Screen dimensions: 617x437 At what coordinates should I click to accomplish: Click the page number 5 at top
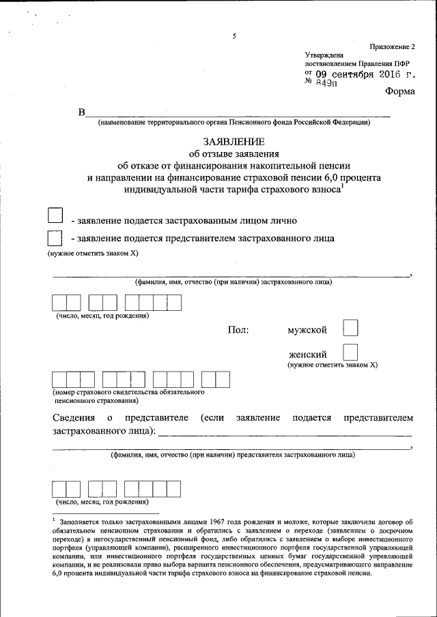[x=234, y=37]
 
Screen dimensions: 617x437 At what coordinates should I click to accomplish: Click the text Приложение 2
[x=392, y=46]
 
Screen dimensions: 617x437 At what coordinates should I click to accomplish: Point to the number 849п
[x=330, y=82]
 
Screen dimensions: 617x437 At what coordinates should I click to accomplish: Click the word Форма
[x=399, y=92]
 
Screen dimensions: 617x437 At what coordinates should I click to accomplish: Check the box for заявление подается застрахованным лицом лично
[x=55, y=216]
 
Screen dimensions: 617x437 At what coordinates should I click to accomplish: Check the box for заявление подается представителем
[x=55, y=239]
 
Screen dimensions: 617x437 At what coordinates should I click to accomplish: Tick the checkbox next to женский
[x=350, y=353]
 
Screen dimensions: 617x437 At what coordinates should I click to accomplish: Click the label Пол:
[x=238, y=330]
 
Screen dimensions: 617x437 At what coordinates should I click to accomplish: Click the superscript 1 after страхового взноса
[x=343, y=187]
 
